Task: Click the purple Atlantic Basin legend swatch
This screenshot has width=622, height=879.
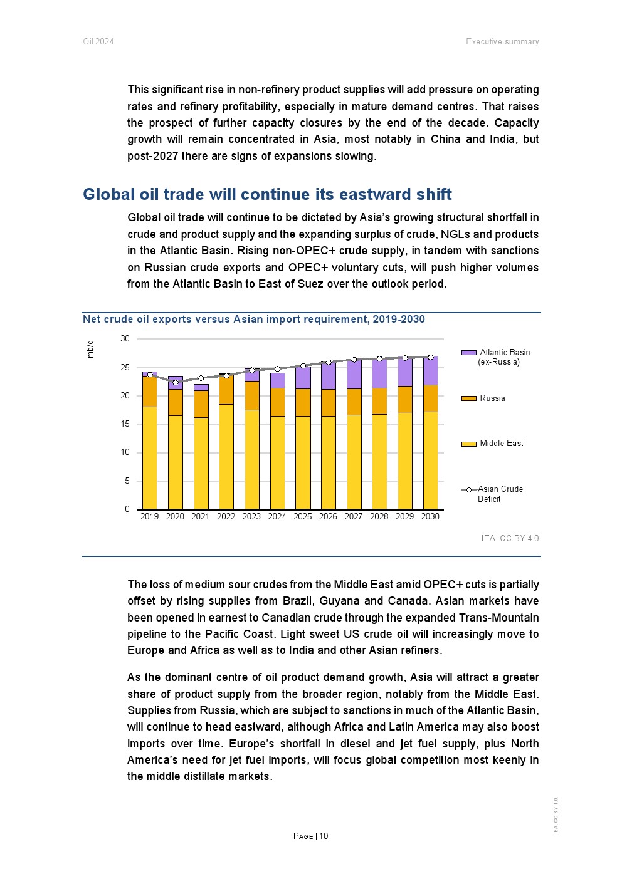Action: pos(468,353)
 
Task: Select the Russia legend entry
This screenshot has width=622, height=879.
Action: pos(492,398)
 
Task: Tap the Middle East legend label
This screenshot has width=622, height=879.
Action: pos(501,444)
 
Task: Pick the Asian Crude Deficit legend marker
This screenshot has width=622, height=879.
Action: pos(468,489)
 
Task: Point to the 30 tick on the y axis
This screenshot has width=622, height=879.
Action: pos(125,339)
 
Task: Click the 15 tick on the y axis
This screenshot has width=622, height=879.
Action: pos(125,424)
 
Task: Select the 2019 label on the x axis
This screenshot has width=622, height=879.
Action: pos(149,517)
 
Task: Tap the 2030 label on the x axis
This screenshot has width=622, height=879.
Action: pos(430,517)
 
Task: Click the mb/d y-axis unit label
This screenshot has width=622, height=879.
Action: pos(90,349)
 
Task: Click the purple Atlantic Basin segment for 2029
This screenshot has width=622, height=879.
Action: pos(405,372)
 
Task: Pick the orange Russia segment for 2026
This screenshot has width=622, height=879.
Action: pos(328,403)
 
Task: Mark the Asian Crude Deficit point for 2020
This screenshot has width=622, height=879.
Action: pos(175,382)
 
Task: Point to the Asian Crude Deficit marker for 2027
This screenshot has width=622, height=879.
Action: pos(354,360)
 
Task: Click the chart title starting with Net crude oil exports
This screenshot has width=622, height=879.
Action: pos(254,320)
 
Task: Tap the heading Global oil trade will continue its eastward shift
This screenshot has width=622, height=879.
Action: pos(267,194)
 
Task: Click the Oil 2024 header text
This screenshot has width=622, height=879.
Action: pos(98,42)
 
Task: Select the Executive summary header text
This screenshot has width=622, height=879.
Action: pos(502,42)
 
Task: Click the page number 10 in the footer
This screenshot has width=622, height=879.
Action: pos(324,836)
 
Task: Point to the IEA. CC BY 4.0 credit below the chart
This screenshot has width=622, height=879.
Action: pos(510,538)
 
